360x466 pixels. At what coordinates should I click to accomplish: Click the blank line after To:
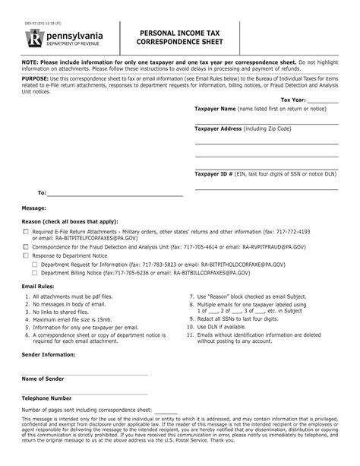pyautogui.click(x=118, y=194)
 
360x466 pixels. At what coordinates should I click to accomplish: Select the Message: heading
pyautogui.click(x=35, y=207)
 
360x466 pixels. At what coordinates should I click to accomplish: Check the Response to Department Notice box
pyautogui.click(x=26, y=256)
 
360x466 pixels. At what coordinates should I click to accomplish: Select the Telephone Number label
pyautogui.click(x=46, y=398)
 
